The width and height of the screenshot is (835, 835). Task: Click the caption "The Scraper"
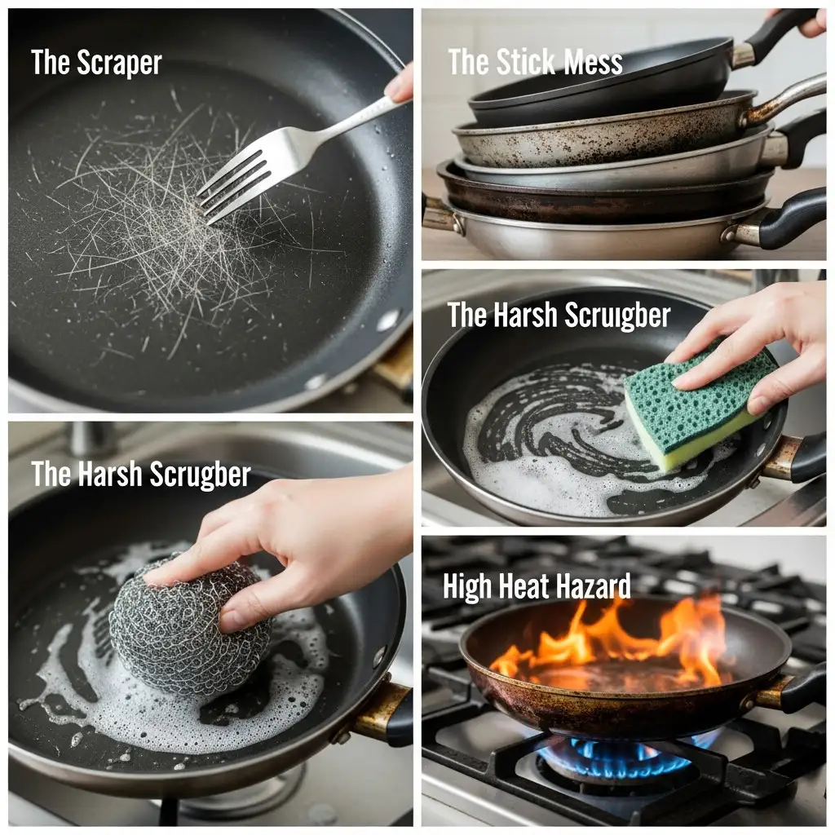96,63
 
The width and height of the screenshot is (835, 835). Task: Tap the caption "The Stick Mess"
535,62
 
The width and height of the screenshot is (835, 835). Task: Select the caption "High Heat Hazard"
537,587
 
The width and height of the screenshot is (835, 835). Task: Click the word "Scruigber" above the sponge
617,316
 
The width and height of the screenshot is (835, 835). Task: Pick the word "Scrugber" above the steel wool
200,474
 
